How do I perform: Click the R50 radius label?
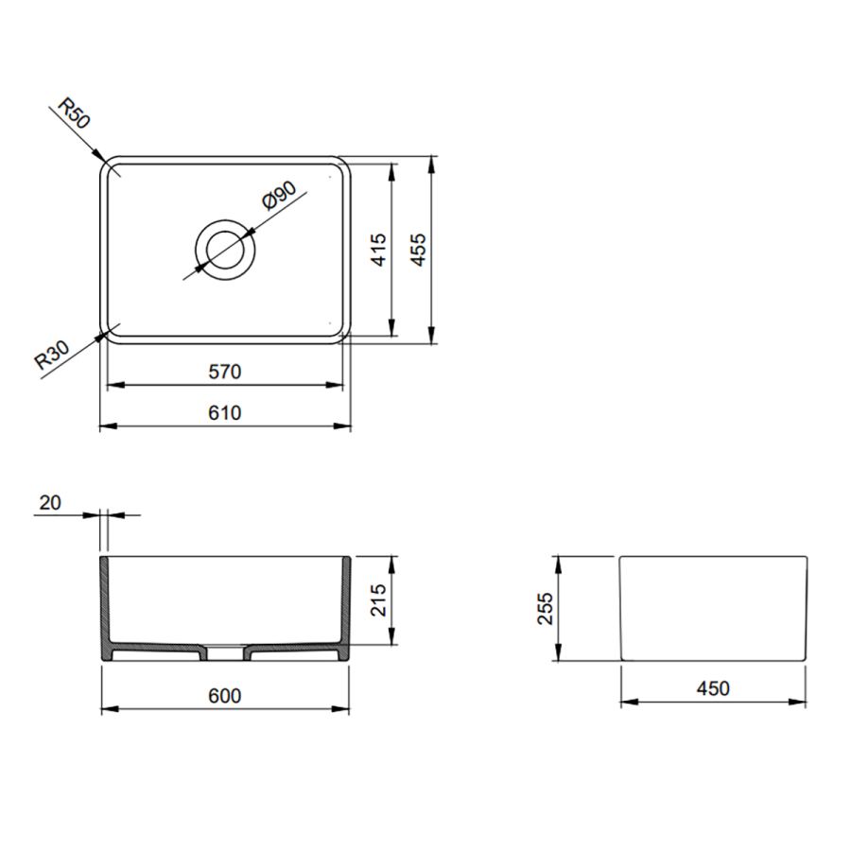pyautogui.click(x=73, y=113)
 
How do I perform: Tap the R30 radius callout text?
pyautogui.click(x=53, y=355)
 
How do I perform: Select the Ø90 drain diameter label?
pyautogui.click(x=279, y=195)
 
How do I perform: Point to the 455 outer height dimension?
pyautogui.click(x=418, y=250)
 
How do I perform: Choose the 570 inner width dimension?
pyautogui.click(x=225, y=372)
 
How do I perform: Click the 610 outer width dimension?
pyautogui.click(x=225, y=413)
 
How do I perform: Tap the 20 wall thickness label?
pyautogui.click(x=50, y=503)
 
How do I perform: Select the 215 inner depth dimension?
pyautogui.click(x=379, y=599)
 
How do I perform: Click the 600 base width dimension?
pyautogui.click(x=225, y=695)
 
